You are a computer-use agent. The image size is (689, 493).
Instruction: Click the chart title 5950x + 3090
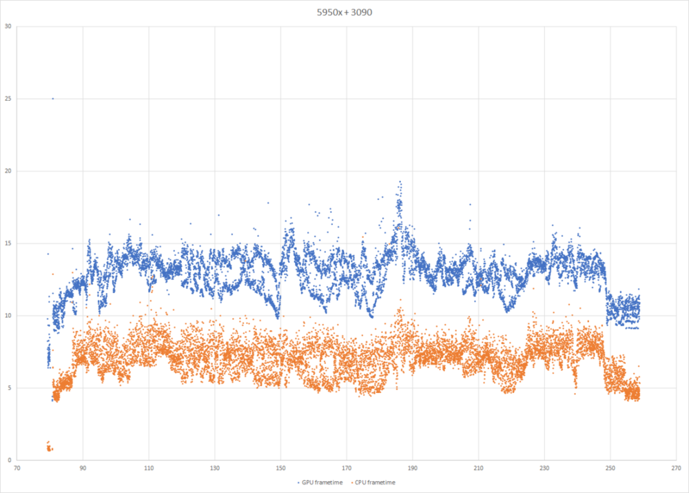[344, 11]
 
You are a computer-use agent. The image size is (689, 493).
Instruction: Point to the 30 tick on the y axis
[8, 27]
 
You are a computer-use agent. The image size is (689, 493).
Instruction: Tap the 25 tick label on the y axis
[8, 99]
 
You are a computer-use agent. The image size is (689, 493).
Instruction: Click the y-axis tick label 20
[8, 171]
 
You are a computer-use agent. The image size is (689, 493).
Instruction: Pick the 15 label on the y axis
[8, 243]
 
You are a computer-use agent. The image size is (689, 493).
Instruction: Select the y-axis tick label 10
[8, 316]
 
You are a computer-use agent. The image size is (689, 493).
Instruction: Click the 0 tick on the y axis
[10, 460]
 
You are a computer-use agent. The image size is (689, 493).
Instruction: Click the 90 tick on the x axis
[83, 467]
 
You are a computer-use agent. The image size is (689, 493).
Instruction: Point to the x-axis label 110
[149, 467]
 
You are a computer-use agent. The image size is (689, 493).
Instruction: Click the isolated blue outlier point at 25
[53, 99]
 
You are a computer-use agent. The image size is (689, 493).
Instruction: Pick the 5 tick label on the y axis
[10, 388]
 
